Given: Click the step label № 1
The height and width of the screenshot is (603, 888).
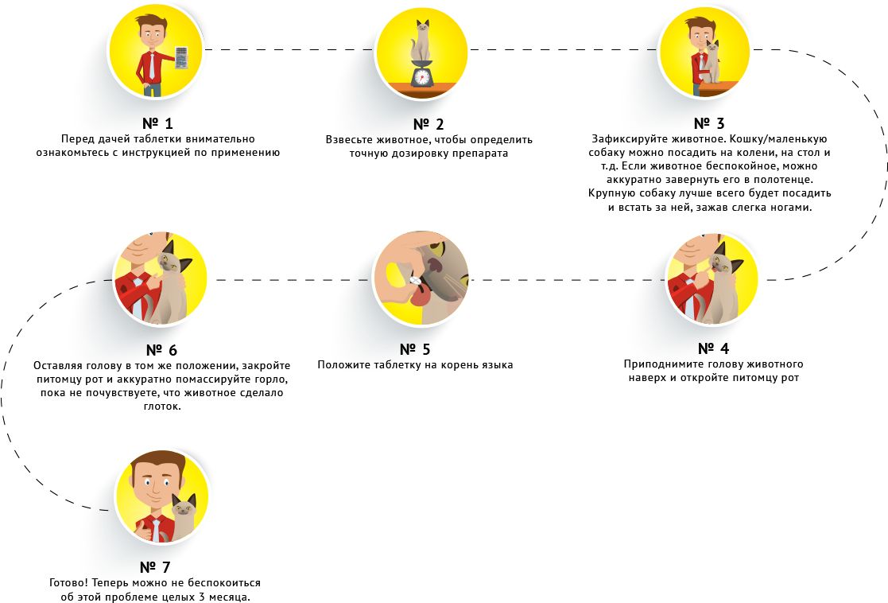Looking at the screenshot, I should tap(157, 124).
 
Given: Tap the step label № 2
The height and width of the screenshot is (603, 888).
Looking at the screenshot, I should tap(428, 124).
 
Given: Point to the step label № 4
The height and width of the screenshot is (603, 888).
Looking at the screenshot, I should tap(713, 349).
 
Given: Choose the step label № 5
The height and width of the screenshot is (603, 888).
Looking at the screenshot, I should tap(415, 349).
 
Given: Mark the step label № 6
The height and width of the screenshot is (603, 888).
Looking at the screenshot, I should tap(161, 350).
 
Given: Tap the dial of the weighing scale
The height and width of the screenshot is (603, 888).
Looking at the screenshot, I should tap(421, 76).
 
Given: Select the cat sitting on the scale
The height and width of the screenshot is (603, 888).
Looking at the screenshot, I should tap(422, 45).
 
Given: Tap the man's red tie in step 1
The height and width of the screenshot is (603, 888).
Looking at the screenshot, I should tap(152, 67).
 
